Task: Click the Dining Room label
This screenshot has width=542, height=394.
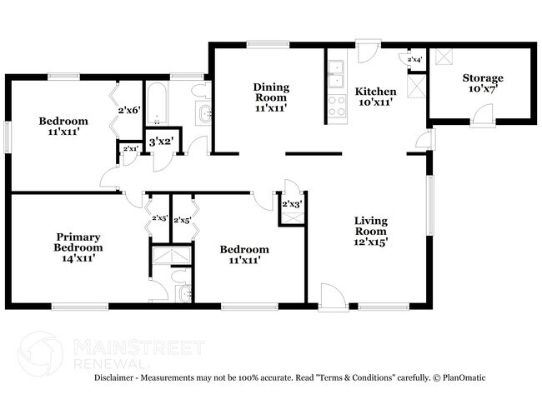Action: (x=270, y=97)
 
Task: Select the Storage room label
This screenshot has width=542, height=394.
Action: (x=483, y=83)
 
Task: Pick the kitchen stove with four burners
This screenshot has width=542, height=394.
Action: (x=336, y=106)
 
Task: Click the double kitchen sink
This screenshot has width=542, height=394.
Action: (x=336, y=74)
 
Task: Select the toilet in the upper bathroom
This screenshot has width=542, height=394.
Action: (x=198, y=90)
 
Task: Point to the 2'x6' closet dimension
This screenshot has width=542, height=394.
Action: (x=128, y=109)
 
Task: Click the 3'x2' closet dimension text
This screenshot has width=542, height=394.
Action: (x=160, y=141)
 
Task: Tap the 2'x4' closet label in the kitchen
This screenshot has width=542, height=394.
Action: (x=414, y=60)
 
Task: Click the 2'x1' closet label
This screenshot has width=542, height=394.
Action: (x=128, y=148)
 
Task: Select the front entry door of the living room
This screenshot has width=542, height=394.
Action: (x=330, y=297)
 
